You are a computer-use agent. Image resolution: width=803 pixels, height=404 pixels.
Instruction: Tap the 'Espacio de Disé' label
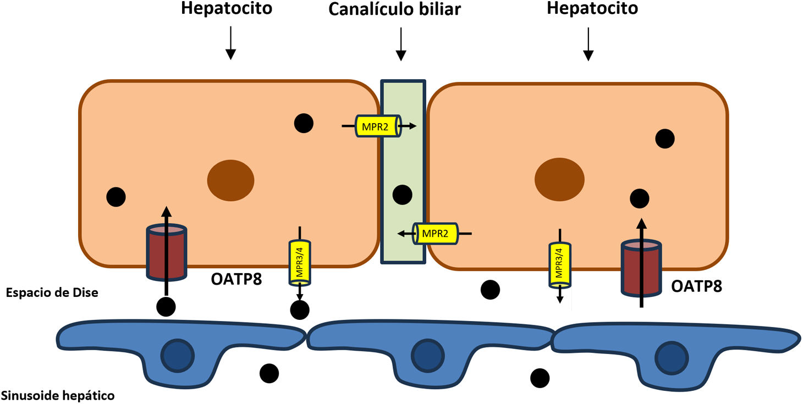coord(52,293)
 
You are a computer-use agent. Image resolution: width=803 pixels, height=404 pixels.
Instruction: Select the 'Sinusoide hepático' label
coord(58,395)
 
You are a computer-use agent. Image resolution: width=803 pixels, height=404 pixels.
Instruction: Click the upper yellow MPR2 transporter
coord(379,126)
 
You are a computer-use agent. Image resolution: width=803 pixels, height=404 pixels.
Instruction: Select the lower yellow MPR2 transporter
coord(435,234)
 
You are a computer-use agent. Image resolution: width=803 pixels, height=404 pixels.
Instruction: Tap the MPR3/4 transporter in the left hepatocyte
coord(299,262)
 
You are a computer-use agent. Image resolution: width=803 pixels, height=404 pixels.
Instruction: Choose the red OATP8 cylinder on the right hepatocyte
coord(641,268)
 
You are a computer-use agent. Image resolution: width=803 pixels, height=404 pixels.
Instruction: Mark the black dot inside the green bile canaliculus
coord(402,194)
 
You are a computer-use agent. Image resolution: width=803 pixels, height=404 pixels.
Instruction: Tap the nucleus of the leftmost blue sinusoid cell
coord(177,355)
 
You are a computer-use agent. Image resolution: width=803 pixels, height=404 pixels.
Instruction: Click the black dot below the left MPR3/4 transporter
coord(299,310)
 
